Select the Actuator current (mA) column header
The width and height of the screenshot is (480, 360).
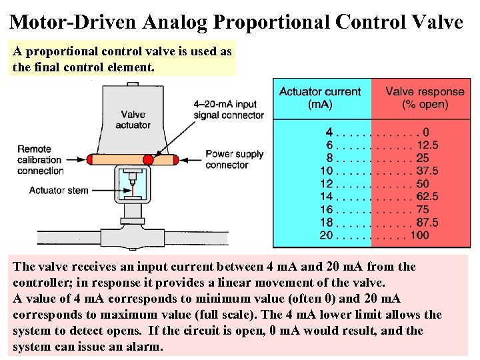[x=320, y=98]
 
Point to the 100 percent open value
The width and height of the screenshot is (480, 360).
[x=419, y=235]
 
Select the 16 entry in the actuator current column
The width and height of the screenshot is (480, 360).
[x=326, y=209]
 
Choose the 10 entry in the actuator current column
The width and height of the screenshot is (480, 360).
[x=326, y=171]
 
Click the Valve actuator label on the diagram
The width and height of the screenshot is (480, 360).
[x=133, y=119]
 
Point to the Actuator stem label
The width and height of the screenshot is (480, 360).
[x=59, y=191]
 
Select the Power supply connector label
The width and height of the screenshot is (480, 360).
[x=235, y=159]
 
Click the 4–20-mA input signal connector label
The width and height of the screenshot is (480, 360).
[x=228, y=109]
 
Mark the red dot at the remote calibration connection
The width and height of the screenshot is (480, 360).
[x=90, y=159]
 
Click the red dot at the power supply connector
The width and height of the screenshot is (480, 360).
[x=175, y=159]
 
